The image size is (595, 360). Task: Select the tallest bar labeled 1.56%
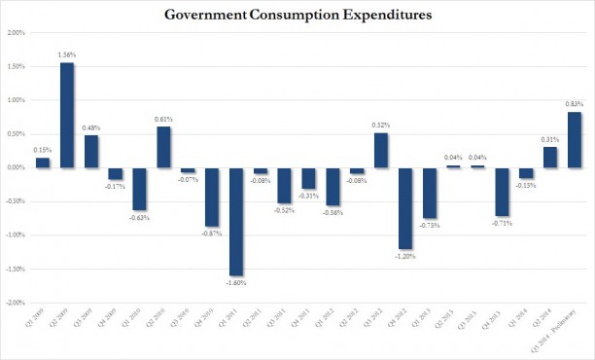(67, 116)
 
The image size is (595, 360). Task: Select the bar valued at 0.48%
(91, 151)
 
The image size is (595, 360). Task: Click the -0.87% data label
(212, 234)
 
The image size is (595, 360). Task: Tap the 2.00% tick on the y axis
(16, 32)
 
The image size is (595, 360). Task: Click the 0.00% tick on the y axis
(16, 167)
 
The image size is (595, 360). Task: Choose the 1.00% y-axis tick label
(16, 100)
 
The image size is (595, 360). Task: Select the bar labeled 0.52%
(381, 150)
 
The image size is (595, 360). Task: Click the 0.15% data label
(43, 150)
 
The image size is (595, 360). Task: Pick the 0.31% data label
(549, 138)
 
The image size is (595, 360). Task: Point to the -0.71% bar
(502, 192)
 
